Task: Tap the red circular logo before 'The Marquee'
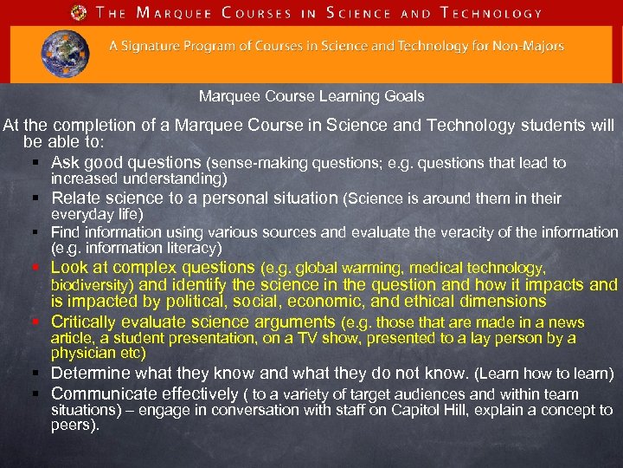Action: click(80, 13)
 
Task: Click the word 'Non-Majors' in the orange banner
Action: click(530, 47)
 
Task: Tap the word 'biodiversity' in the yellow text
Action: click(90, 284)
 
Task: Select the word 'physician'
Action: click(81, 354)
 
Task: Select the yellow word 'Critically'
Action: click(87, 322)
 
